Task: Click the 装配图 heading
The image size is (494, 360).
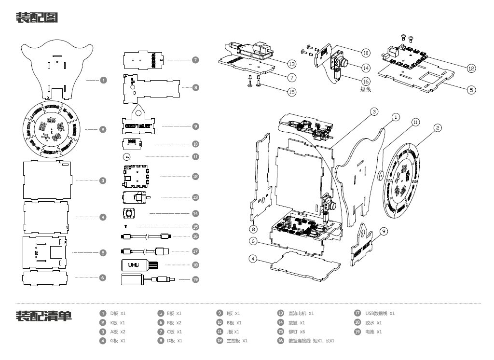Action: coord(37,18)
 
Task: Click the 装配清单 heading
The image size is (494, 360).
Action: coord(44,316)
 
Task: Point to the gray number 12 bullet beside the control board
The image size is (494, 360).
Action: coord(195,177)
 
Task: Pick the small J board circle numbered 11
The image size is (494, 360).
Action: coord(127,157)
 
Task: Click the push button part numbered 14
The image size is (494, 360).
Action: coord(129,213)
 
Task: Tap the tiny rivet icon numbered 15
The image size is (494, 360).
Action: coord(126,225)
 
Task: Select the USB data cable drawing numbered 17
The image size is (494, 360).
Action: coord(144,251)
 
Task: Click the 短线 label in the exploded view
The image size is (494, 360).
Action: coord(367,89)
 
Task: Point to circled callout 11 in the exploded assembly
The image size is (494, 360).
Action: coord(415,123)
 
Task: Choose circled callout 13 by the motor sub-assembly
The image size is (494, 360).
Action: coord(291,64)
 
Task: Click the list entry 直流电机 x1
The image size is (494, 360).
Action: coord(301,313)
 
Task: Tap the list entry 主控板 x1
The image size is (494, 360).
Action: coord(237,341)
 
